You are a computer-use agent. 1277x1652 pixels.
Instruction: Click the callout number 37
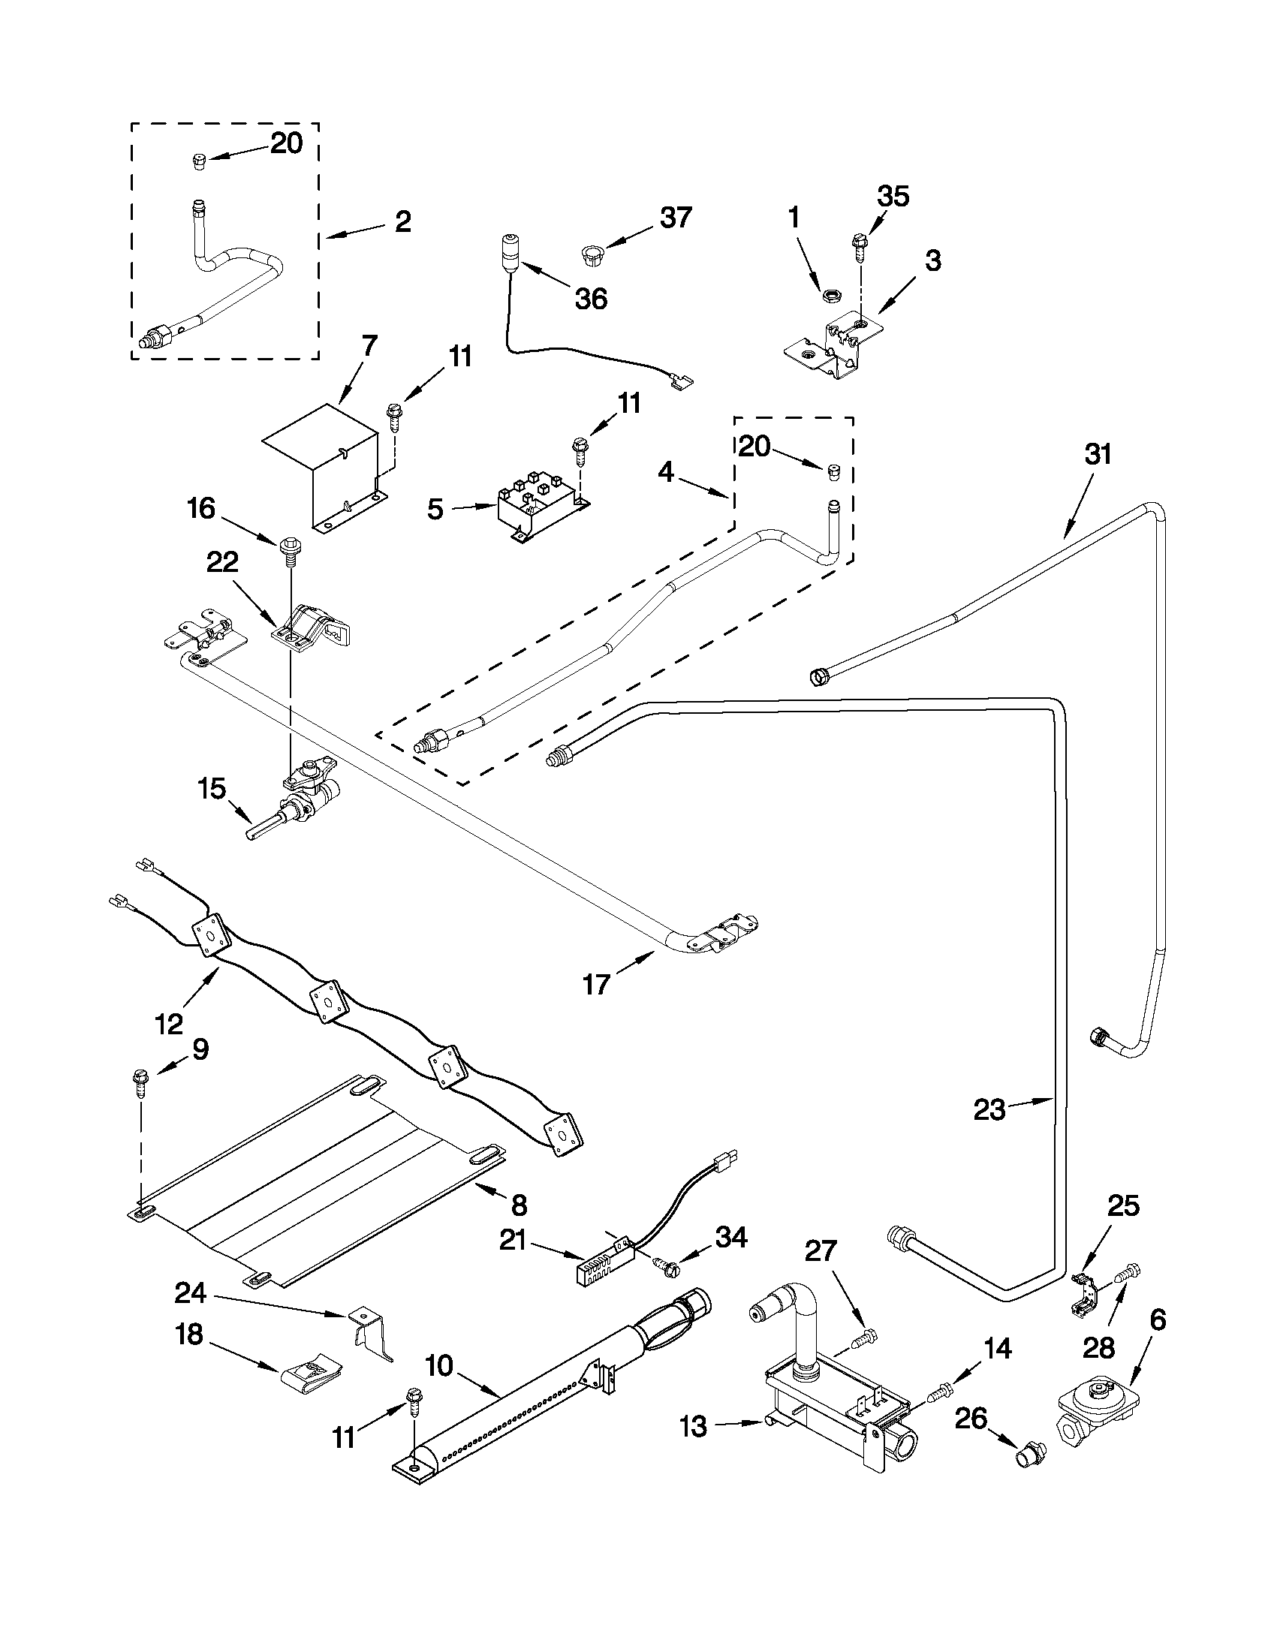click(x=675, y=218)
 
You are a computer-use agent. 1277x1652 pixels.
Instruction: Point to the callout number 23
click(x=989, y=1110)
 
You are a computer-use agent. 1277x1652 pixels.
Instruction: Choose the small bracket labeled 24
click(x=371, y=1334)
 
